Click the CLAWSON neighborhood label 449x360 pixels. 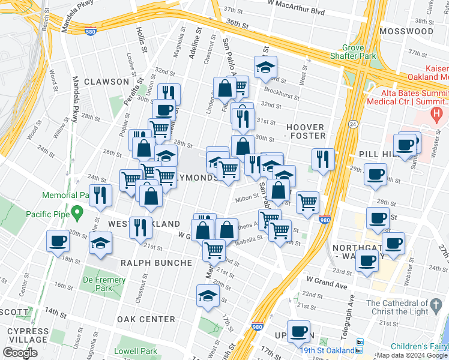click(106, 82)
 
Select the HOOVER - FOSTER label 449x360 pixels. click(306, 132)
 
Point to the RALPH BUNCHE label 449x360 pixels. click(156, 263)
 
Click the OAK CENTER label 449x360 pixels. click(146, 319)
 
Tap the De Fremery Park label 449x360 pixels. click(104, 284)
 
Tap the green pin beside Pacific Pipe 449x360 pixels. click(76, 212)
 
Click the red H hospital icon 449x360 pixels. click(437, 112)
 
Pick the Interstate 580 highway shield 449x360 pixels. click(90, 31)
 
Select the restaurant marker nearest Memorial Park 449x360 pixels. click(100, 194)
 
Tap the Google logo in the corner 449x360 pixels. click(20, 353)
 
